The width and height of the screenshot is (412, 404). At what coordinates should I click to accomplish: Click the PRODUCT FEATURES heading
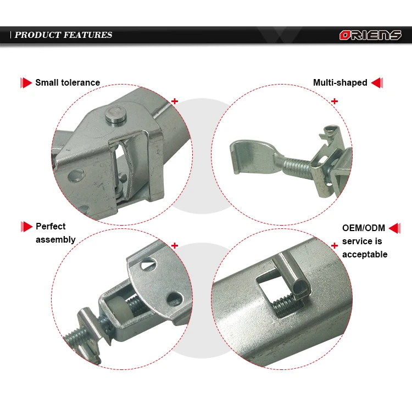point(63,35)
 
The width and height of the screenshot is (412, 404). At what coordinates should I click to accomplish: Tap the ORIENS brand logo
point(370,35)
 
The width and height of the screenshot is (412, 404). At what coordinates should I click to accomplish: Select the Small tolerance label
point(68,83)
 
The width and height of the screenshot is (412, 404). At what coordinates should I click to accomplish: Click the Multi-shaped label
point(340,83)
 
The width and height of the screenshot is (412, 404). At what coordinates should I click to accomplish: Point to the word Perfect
point(51,226)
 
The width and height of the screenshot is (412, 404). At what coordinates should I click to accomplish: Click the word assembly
point(55,239)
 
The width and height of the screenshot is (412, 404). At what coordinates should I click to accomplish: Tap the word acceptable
point(365,254)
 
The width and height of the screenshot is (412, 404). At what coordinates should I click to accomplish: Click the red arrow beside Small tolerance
point(26,83)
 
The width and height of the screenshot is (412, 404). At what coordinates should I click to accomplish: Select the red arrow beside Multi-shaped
point(377,83)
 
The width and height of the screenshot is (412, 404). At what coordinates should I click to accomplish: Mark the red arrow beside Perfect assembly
point(26,226)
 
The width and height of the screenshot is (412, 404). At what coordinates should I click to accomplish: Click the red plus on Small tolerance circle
point(175,101)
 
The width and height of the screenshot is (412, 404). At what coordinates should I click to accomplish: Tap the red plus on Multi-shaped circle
point(335,101)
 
